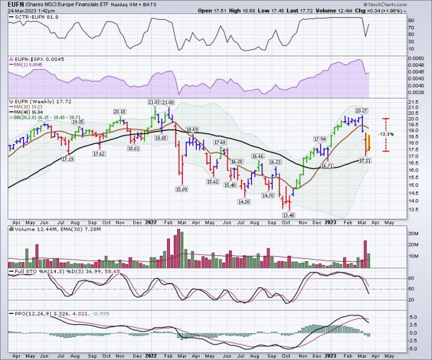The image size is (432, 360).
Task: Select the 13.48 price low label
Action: [x=289, y=214]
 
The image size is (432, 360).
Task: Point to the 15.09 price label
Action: [x=182, y=190]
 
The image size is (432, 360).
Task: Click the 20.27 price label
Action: [x=361, y=110]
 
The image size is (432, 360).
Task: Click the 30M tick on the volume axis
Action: [x=413, y=234]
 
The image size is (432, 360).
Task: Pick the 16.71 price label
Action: [x=327, y=166]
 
